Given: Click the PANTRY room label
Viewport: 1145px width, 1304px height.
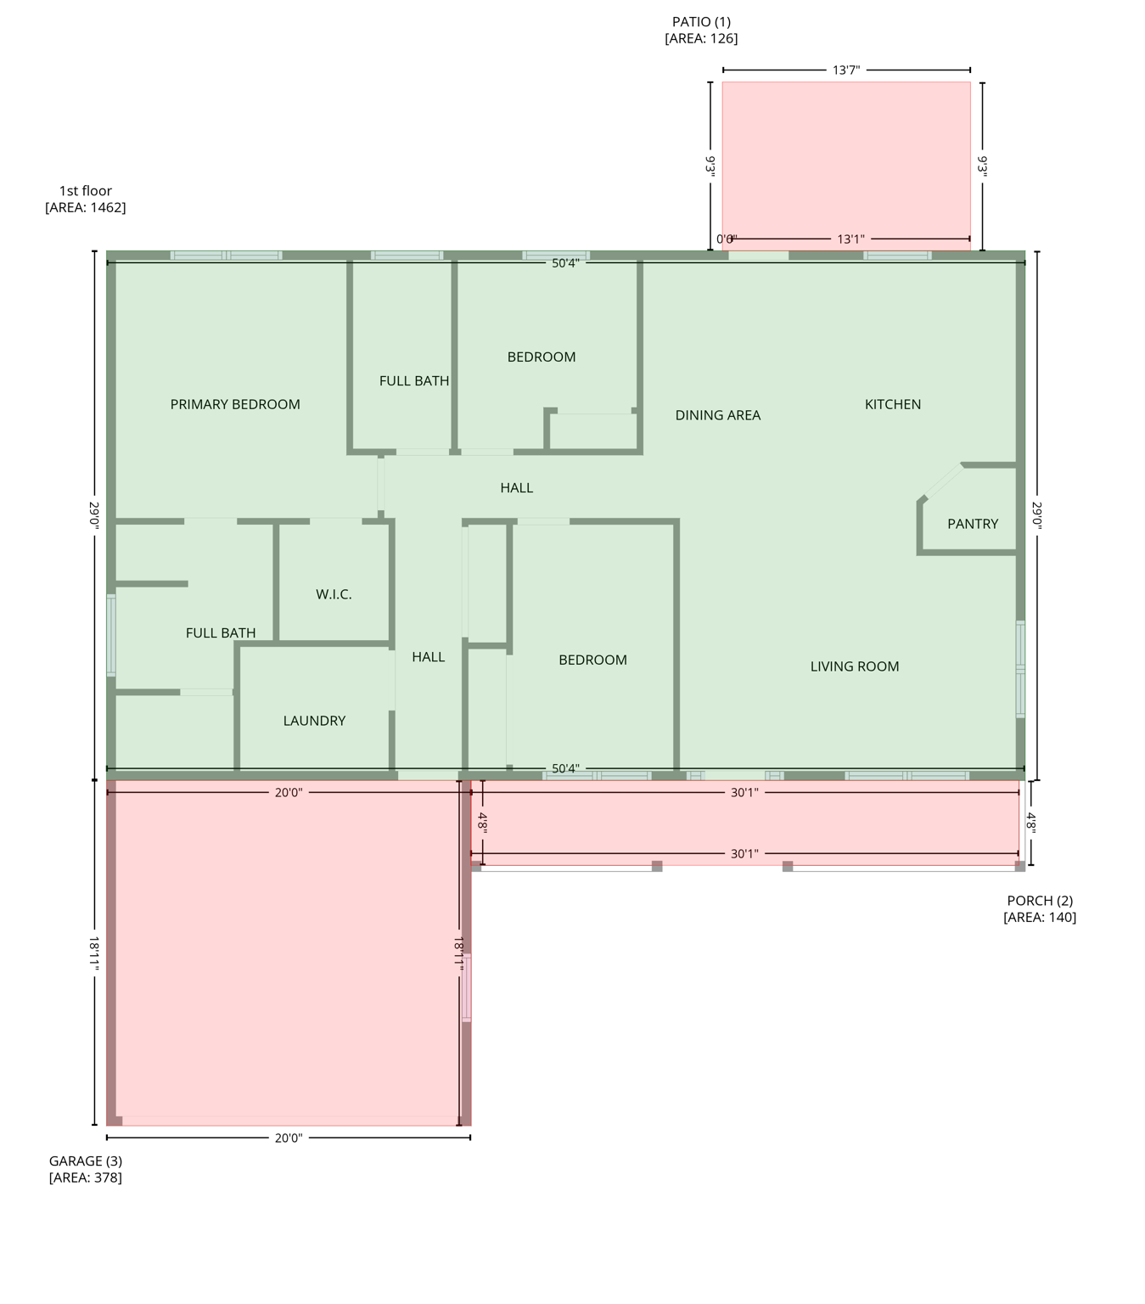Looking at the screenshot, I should [x=972, y=524].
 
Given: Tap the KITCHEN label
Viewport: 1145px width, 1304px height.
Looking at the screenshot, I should [x=892, y=404].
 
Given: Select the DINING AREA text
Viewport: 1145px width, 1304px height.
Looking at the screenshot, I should [x=717, y=415].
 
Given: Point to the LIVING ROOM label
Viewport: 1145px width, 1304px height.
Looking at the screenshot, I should [x=854, y=666].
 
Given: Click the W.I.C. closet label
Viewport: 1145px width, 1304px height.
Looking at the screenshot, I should [x=334, y=594].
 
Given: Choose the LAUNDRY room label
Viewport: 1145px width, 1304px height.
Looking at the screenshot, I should [x=314, y=721].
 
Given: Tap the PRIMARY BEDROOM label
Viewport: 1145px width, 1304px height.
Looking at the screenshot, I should [x=235, y=404].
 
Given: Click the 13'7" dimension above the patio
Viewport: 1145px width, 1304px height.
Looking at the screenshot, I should [x=845, y=70].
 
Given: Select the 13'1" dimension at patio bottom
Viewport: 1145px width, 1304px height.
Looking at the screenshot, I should [x=850, y=239].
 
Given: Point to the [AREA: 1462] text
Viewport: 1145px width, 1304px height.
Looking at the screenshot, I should [x=86, y=207].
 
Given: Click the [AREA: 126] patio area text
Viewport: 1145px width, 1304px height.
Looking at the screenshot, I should [x=701, y=38].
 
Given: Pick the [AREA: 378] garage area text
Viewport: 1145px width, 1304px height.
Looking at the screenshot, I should [x=86, y=1178].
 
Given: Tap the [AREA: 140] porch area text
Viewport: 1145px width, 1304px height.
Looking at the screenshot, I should [x=1039, y=917].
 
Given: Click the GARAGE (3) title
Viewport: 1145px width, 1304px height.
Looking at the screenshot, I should [x=86, y=1161].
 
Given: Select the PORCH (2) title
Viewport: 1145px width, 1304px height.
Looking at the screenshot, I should [x=1039, y=901].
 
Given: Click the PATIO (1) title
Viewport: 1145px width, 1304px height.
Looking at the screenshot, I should [x=701, y=22].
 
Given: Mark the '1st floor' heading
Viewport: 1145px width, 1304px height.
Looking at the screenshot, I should [x=86, y=191].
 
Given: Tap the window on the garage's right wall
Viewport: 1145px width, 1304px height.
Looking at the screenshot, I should [x=466, y=987].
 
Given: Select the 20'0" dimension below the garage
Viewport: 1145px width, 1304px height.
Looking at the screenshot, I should [x=289, y=1138].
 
